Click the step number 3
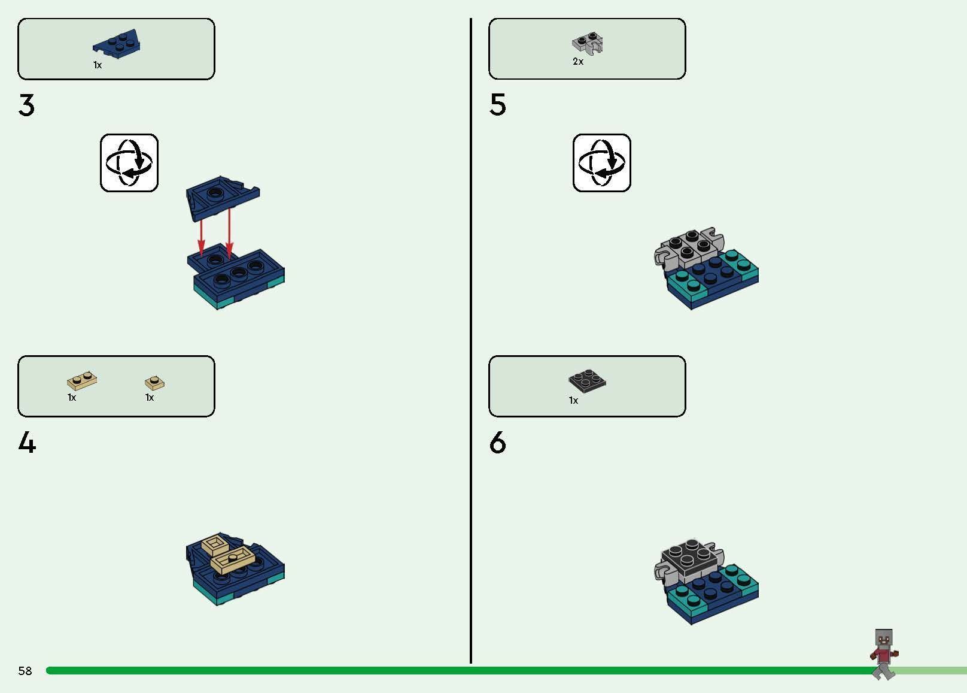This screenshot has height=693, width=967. point(26,105)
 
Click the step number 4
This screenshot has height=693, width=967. point(27,443)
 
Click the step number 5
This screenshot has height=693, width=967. point(497,105)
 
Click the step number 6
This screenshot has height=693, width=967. point(497,443)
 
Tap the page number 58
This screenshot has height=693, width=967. point(25,670)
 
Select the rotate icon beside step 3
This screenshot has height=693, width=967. point(129,163)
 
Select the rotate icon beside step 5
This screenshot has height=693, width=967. point(602,163)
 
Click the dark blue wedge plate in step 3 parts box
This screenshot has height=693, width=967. point(117,44)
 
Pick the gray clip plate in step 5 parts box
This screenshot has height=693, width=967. point(588,43)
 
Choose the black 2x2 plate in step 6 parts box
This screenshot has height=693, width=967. point(587,381)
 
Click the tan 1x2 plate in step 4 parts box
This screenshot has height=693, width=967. point(82,380)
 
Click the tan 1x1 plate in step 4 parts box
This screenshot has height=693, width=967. point(154,382)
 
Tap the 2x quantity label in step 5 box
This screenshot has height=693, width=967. point(578,62)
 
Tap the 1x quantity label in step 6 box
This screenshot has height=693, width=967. point(573,401)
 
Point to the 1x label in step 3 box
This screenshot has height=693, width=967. point(98,65)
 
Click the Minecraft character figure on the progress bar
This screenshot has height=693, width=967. point(884,653)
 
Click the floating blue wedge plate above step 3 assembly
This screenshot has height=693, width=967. point(223,196)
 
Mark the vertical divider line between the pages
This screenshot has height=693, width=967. point(470,340)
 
